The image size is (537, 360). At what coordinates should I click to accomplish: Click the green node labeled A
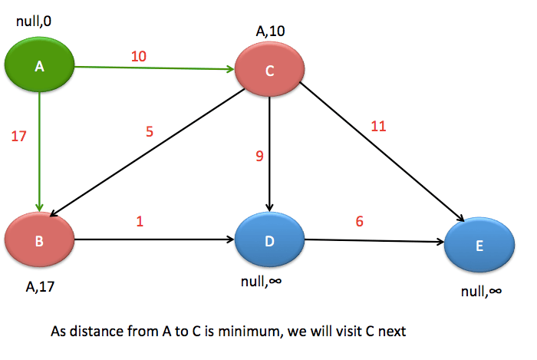tap(39, 68)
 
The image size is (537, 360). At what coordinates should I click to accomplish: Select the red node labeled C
tap(269, 71)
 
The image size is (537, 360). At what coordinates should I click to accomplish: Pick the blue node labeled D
tap(269, 241)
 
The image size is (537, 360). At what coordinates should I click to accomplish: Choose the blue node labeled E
tap(479, 246)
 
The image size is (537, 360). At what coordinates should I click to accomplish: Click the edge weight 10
tap(139, 57)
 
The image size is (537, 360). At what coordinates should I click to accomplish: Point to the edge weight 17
tap(19, 137)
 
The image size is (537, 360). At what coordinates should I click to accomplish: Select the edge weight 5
tap(150, 131)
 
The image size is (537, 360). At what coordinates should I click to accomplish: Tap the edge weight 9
tap(259, 157)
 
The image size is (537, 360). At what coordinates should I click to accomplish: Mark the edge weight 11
tap(378, 127)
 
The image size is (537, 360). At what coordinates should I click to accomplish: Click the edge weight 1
tap(140, 221)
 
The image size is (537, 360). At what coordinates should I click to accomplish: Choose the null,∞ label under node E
tap(481, 291)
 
